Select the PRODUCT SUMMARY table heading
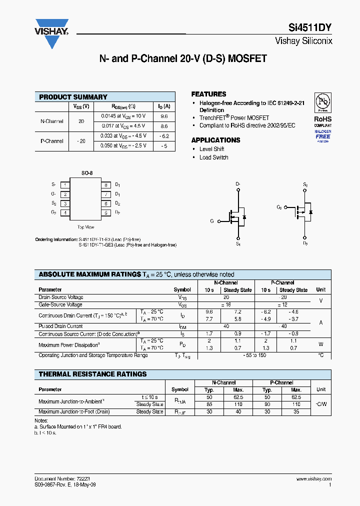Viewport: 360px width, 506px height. [73, 97]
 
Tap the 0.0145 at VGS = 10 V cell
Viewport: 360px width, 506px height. [123, 116]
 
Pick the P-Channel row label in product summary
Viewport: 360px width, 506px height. [51, 141]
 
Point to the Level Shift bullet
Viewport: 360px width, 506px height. [211, 149]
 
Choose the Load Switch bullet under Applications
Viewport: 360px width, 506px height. [213, 157]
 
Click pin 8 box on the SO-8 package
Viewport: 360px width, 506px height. [106, 185]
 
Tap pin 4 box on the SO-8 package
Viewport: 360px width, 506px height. [65, 212]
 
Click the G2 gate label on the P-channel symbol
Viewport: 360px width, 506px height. [279, 206]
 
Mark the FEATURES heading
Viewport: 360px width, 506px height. [208, 94]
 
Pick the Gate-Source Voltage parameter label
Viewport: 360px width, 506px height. [60, 304]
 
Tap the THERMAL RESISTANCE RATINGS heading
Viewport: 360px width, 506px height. [92, 374]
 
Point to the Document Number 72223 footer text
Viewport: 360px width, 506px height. [62, 478]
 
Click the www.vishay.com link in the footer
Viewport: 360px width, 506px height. [313, 478]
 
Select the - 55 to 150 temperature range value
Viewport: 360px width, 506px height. [254, 355]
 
